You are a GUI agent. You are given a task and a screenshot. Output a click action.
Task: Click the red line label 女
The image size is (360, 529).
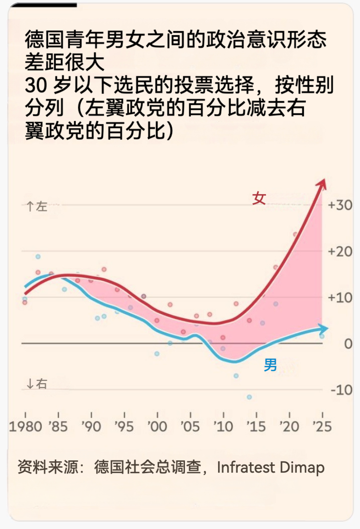pos(259,199)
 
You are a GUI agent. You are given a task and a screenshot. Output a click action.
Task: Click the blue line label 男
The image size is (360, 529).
pos(270,364)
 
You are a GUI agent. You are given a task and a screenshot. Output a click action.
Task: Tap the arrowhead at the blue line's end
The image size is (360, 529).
pos(324,328)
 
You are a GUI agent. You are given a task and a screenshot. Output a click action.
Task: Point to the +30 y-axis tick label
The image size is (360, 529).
pos(340,205)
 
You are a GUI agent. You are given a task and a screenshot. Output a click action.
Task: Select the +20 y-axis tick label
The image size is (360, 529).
pos(340,251)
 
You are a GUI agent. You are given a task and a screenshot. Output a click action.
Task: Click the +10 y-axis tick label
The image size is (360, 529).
pos(340,298)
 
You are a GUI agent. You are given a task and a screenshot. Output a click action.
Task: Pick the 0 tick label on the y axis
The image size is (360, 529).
pos(348,344)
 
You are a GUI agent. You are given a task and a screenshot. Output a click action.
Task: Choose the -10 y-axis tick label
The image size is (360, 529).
pos(341,390)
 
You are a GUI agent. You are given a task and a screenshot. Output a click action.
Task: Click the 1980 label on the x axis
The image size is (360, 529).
pos(25,427)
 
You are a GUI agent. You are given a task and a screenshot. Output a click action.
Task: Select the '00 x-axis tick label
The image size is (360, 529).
pos(157,427)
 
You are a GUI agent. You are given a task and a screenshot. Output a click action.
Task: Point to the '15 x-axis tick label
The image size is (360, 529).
pos(256,427)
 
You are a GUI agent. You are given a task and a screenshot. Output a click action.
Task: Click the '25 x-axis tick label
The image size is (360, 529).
pos(322,427)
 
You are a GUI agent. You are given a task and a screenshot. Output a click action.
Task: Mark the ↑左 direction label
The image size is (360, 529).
pos(37,207)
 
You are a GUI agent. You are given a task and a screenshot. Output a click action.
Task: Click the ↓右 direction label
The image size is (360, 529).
pos(37,384)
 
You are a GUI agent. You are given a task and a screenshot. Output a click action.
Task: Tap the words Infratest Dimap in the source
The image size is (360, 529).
pos(271,467)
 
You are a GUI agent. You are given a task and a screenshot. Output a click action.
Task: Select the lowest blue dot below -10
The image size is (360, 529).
pos(249,397)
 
